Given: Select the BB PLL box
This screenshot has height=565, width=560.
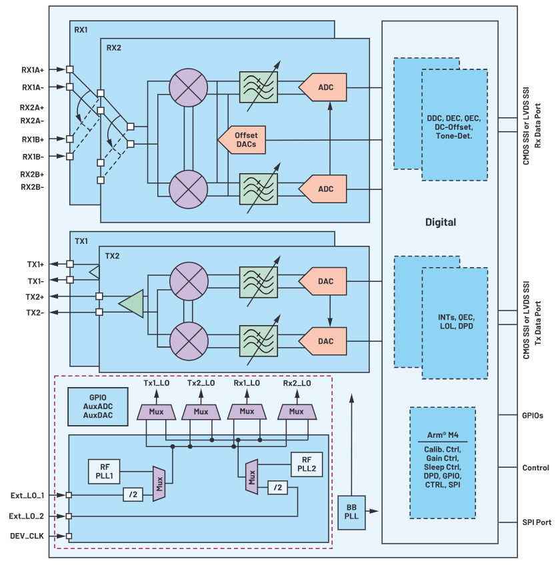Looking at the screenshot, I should [351, 512].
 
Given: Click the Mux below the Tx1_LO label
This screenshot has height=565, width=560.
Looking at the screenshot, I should [156, 412].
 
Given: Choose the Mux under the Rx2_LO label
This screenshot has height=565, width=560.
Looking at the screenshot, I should [296, 412].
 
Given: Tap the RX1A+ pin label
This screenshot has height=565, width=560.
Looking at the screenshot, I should [33, 69].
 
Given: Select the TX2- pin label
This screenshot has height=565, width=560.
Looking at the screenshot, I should [35, 312].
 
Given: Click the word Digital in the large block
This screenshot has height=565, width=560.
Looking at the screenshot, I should [441, 222].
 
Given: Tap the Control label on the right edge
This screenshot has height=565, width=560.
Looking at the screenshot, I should [535, 468].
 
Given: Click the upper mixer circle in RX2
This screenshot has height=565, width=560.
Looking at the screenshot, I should [189, 87].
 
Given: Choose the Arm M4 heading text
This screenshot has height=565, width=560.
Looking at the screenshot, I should [442, 434].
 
